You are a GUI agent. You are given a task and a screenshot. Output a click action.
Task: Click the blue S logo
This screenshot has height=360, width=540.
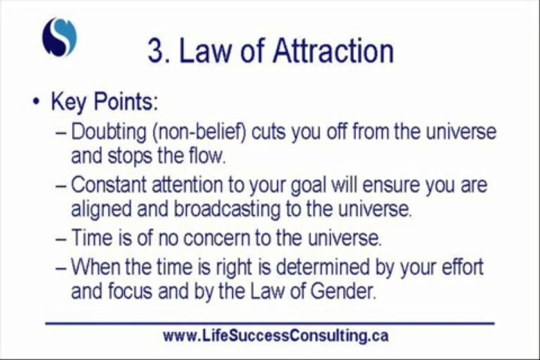59,37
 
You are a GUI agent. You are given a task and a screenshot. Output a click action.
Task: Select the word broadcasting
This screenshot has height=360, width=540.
228,209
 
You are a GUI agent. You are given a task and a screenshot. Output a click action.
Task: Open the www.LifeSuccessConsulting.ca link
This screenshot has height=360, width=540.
275,335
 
